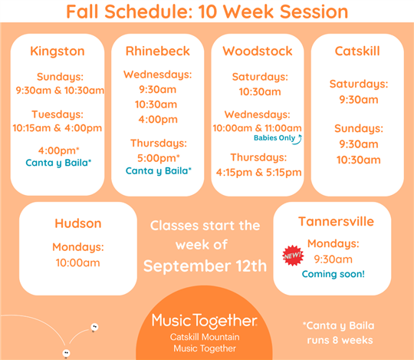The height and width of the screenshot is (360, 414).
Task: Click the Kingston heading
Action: click(x=58, y=51)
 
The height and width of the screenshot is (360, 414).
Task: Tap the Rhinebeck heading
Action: click(x=158, y=51)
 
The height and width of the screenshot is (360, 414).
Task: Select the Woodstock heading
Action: click(x=258, y=51)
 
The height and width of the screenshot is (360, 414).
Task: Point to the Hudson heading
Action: click(x=78, y=223)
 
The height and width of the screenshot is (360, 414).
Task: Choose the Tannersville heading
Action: click(x=336, y=222)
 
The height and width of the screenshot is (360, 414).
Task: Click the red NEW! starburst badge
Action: click(x=293, y=256)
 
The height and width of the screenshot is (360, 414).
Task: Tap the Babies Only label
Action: click(x=274, y=138)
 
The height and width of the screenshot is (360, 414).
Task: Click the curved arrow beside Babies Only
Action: click(x=299, y=140)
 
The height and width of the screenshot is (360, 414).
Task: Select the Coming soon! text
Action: click(x=333, y=274)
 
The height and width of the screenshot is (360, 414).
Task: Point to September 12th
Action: click(x=205, y=266)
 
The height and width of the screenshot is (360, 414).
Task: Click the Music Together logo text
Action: click(x=205, y=321)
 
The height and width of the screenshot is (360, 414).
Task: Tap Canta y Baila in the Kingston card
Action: click(x=58, y=163)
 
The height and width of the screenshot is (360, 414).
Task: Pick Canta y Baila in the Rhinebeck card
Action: click(x=159, y=171)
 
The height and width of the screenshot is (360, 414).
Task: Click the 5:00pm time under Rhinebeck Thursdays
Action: click(x=159, y=158)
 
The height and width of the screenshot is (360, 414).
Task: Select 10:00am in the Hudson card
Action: click(x=78, y=263)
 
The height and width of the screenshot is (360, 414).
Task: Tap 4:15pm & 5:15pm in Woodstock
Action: click(x=259, y=173)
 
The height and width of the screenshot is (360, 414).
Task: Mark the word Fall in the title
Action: click(x=82, y=12)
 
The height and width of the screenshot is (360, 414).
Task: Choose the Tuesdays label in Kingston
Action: click(x=58, y=114)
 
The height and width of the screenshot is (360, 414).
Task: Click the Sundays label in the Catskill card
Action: click(x=359, y=128)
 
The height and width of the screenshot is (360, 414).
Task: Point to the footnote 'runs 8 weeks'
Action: click(x=340, y=340)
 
